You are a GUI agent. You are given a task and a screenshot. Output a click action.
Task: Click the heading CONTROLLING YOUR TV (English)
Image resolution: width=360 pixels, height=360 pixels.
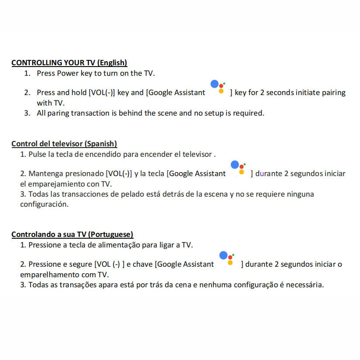point(69,63)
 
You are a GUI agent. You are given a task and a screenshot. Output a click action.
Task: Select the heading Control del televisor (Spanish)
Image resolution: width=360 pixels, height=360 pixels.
point(64,144)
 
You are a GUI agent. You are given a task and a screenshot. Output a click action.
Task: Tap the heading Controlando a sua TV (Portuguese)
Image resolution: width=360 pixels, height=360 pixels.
point(72,234)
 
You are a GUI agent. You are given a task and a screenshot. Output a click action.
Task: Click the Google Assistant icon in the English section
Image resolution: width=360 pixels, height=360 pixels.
point(218,87)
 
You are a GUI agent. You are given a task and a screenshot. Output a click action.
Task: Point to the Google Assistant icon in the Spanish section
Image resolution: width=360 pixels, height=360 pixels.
point(238,168)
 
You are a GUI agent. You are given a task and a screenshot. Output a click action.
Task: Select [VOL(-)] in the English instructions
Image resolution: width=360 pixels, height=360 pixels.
point(102,92)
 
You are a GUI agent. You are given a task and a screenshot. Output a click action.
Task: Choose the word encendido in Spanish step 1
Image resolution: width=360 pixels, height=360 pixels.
point(103,154)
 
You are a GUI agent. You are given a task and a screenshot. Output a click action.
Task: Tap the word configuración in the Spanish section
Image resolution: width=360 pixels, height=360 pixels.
point(44,204)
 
